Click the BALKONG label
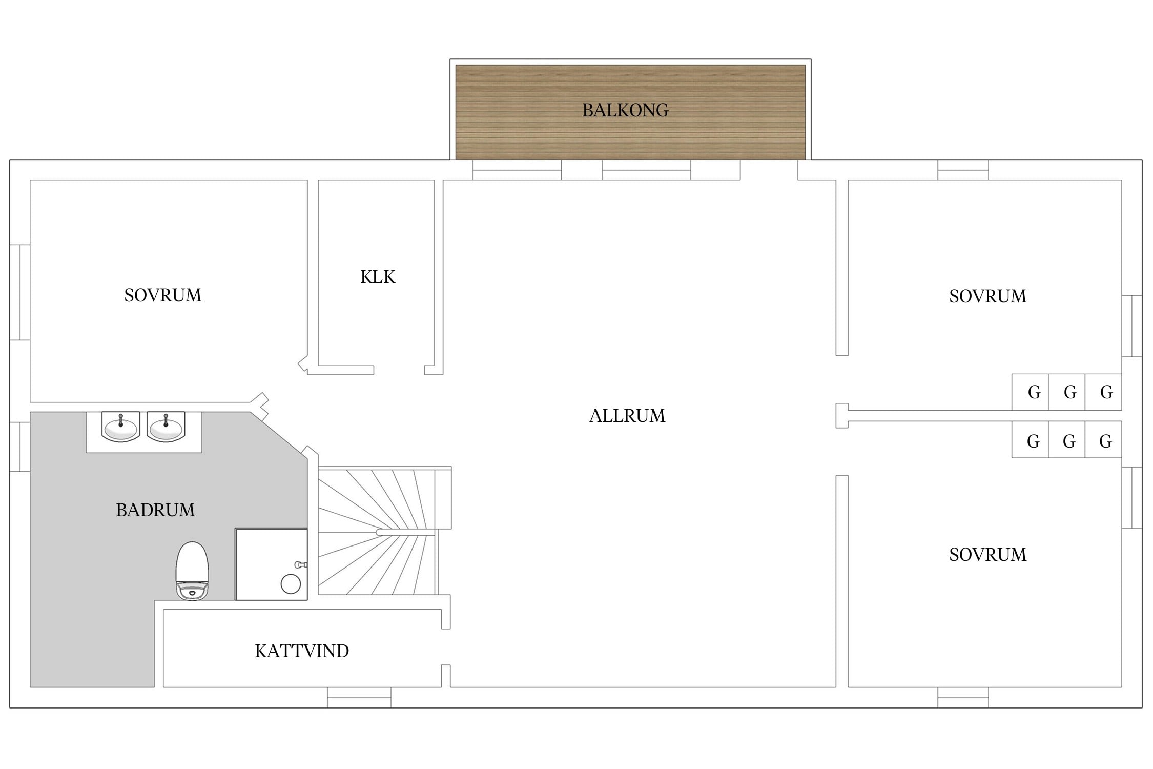(x=625, y=110)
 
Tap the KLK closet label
(x=378, y=277)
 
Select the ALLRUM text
(x=627, y=416)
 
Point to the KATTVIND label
(x=302, y=651)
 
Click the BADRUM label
(x=155, y=510)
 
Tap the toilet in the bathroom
(x=192, y=571)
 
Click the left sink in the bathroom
(x=120, y=427)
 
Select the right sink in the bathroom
(x=166, y=427)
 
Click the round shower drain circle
(x=291, y=584)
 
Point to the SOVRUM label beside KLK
(x=163, y=295)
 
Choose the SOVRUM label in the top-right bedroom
(x=987, y=296)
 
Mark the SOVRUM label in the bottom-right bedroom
(x=987, y=555)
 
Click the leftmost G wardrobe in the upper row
(x=1030, y=392)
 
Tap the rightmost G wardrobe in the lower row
(x=1103, y=440)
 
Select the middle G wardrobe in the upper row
(x=1066, y=392)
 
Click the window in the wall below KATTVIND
(x=359, y=697)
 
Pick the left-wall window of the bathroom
(x=20, y=447)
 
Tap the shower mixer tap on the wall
(x=301, y=564)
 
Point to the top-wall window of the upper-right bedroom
(x=963, y=170)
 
